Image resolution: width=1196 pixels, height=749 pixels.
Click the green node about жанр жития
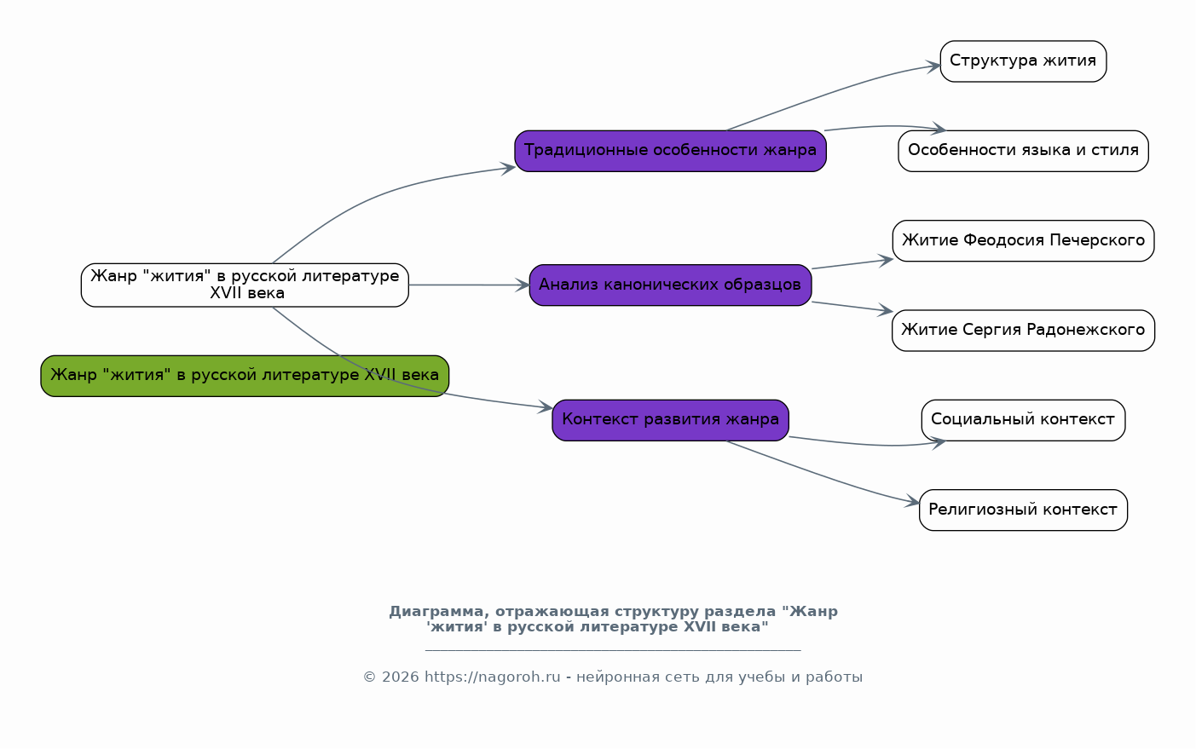tap(245, 376)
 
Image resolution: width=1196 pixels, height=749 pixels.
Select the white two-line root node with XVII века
tap(245, 285)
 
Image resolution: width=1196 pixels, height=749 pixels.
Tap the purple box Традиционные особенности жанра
tap(670, 151)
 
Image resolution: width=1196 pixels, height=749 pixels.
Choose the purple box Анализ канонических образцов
tap(670, 285)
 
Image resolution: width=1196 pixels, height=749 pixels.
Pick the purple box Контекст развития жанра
tap(670, 420)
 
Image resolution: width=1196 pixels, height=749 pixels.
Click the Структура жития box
tap(1023, 61)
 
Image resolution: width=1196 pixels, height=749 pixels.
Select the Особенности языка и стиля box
tap(1023, 151)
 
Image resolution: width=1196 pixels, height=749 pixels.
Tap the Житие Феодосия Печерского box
tap(1023, 241)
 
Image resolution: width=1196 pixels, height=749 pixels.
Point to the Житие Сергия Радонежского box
tap(1023, 331)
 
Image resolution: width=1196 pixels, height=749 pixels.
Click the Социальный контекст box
tap(1023, 420)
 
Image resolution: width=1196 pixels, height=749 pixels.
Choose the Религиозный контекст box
tap(1023, 510)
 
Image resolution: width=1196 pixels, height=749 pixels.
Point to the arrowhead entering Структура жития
tap(933, 66)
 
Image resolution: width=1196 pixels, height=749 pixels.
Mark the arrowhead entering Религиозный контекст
tap(912, 502)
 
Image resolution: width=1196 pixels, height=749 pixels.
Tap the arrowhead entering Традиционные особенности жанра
tap(507, 169)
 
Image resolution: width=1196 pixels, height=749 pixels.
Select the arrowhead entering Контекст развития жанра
tap(545, 407)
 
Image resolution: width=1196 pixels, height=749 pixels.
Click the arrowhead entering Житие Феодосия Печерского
tap(886, 261)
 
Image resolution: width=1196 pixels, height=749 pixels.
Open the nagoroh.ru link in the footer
tap(492, 677)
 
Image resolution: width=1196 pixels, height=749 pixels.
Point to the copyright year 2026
tap(401, 677)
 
